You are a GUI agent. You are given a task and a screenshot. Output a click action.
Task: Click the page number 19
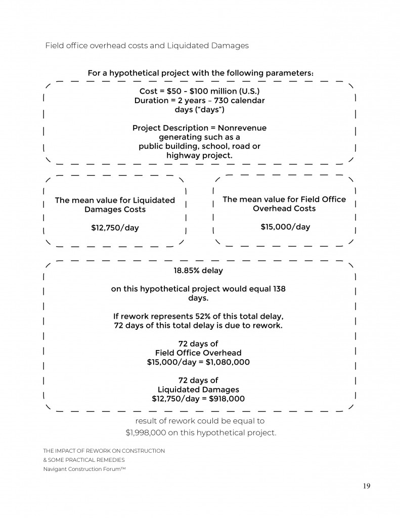(x=367, y=486)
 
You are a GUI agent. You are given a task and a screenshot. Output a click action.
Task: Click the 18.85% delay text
(x=198, y=271)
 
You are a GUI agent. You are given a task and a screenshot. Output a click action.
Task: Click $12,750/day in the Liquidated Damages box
(x=115, y=228)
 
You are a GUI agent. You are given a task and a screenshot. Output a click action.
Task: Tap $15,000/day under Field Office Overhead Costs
(x=285, y=227)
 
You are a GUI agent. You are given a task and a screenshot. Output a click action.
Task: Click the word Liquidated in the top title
(x=191, y=46)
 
